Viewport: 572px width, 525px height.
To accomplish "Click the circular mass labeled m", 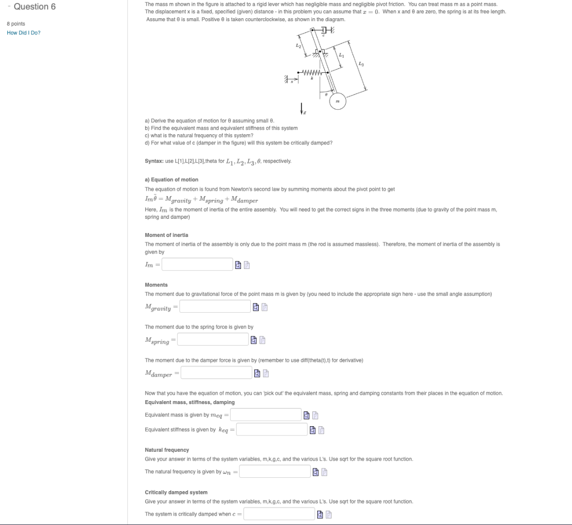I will [x=337, y=101].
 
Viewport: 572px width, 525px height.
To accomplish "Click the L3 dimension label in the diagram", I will [x=361, y=64].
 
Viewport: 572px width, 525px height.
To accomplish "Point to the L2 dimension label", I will [x=298, y=45].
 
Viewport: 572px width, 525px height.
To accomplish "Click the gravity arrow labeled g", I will [x=301, y=109].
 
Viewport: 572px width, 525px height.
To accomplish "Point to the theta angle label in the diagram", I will [x=327, y=93].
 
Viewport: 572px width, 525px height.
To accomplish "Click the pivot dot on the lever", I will [x=321, y=51].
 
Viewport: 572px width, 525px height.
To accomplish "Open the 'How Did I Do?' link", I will [x=24, y=33].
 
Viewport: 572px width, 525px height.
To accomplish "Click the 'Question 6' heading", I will [x=34, y=7].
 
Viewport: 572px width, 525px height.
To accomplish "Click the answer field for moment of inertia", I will [x=197, y=264].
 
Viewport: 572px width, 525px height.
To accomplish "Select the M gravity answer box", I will [x=215, y=307].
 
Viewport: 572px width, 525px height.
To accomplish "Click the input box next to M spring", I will [x=213, y=340].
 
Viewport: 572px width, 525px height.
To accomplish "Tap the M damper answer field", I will [x=216, y=373].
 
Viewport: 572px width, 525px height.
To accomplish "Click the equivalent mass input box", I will [x=266, y=415].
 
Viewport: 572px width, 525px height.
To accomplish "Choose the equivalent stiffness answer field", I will [x=271, y=430].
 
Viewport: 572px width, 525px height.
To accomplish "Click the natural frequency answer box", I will [x=275, y=472].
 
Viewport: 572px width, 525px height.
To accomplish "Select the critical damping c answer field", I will [x=279, y=514].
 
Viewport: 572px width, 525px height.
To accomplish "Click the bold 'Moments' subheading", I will [x=156, y=285].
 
